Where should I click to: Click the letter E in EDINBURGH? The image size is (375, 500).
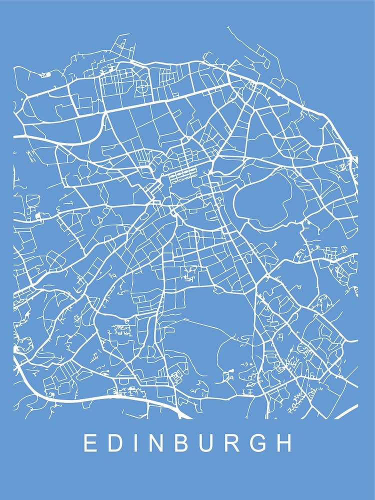point(90,443)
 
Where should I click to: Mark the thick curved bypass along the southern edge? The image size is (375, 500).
point(100,397)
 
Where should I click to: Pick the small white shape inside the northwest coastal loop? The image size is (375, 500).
point(45,75)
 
